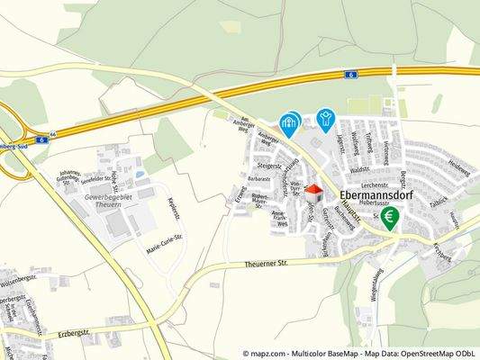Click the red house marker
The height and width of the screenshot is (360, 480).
[313, 193]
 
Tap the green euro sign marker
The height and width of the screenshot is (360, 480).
[390, 218]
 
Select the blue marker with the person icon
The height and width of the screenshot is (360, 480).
[325, 118]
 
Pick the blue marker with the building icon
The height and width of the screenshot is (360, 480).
[289, 123]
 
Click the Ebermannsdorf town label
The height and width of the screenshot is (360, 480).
[375, 193]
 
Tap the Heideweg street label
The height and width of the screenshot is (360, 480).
[458, 169]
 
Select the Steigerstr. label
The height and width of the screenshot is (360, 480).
[270, 166]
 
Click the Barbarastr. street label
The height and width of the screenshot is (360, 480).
[259, 178]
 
